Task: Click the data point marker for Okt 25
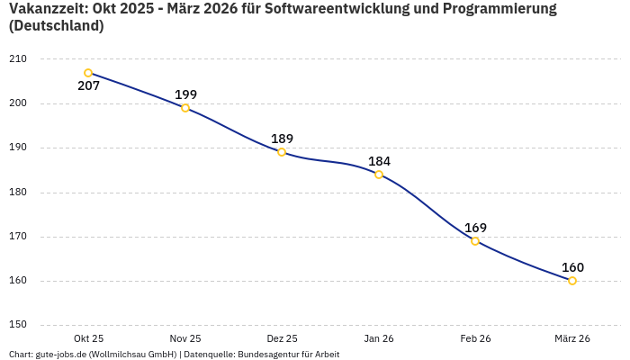click(88, 73)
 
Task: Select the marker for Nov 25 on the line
click(185, 108)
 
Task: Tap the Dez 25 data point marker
click(282, 152)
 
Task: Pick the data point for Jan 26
click(379, 175)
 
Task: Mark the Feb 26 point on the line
click(475, 241)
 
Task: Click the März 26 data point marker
click(572, 281)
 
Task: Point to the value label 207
click(88, 86)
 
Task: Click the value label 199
click(185, 94)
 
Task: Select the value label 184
click(379, 161)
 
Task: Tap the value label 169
click(475, 228)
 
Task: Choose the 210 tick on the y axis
click(18, 58)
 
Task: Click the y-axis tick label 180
click(18, 192)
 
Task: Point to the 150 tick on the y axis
click(18, 325)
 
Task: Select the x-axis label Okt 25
click(88, 338)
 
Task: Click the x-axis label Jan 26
click(379, 338)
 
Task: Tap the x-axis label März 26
click(572, 338)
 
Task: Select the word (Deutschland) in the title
click(56, 26)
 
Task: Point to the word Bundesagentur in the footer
click(267, 355)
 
